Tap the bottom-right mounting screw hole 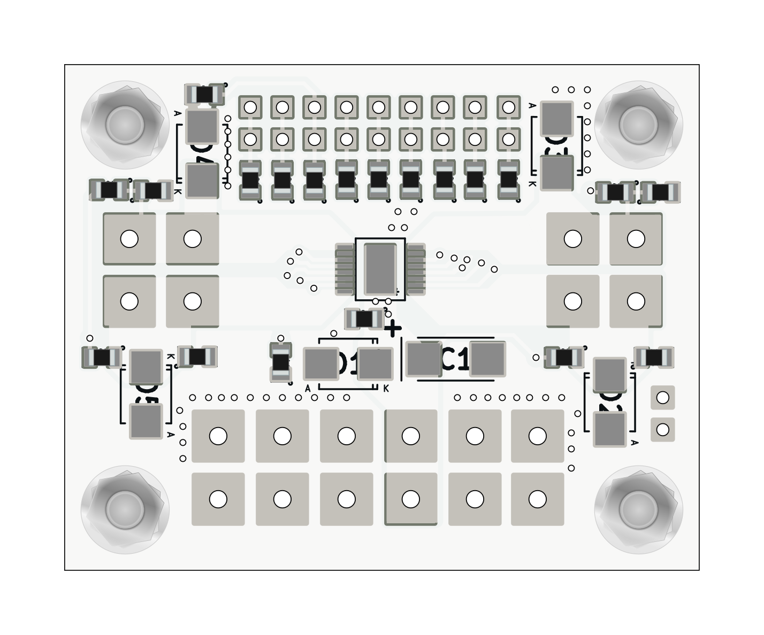coord(638,509)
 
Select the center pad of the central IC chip coord(380,269)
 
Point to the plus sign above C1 coord(393,328)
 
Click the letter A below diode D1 coord(308,389)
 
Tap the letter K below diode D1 coord(386,389)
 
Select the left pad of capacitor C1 coord(424,359)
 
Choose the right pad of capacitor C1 coord(487,359)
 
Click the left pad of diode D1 coord(320,364)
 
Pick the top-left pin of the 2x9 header coord(250,107)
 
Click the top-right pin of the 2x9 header coord(508,107)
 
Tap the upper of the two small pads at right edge coord(662,398)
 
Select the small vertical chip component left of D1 coord(281,362)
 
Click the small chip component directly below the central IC coord(364,319)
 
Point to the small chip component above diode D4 coord(204,95)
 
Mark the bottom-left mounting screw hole coord(125,509)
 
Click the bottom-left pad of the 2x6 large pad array coord(218,499)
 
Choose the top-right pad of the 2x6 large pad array coord(537,436)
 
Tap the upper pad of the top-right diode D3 coord(556,118)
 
